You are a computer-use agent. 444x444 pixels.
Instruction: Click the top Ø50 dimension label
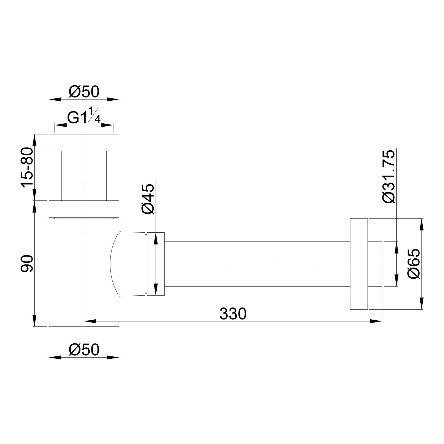point(84,92)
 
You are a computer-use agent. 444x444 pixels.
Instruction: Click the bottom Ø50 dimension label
point(84,350)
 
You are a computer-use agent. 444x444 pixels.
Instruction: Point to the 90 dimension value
point(27,264)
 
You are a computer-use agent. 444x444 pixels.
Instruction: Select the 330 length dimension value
point(233,314)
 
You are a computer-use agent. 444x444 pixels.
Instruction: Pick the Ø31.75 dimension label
point(388,177)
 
